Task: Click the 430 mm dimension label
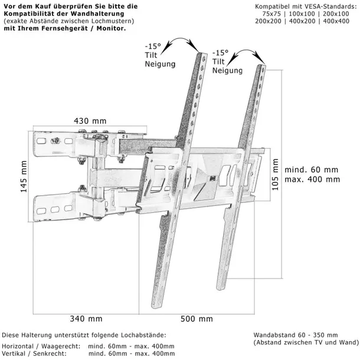[90, 121]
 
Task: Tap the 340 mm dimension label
[86, 319]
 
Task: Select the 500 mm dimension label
[197, 319]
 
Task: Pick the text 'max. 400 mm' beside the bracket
[312, 179]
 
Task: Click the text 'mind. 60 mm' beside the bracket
[312, 168]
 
